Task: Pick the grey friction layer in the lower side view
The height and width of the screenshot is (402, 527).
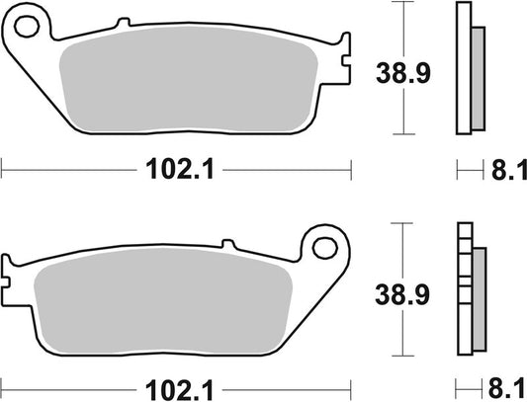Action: tap(480, 296)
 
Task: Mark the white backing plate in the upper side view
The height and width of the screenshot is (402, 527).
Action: tap(463, 69)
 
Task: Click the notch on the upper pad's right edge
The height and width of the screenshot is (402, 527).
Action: tap(346, 62)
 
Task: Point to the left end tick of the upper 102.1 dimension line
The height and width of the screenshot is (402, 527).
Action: tap(3, 171)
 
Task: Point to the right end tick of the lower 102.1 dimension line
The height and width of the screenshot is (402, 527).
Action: tap(352, 385)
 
